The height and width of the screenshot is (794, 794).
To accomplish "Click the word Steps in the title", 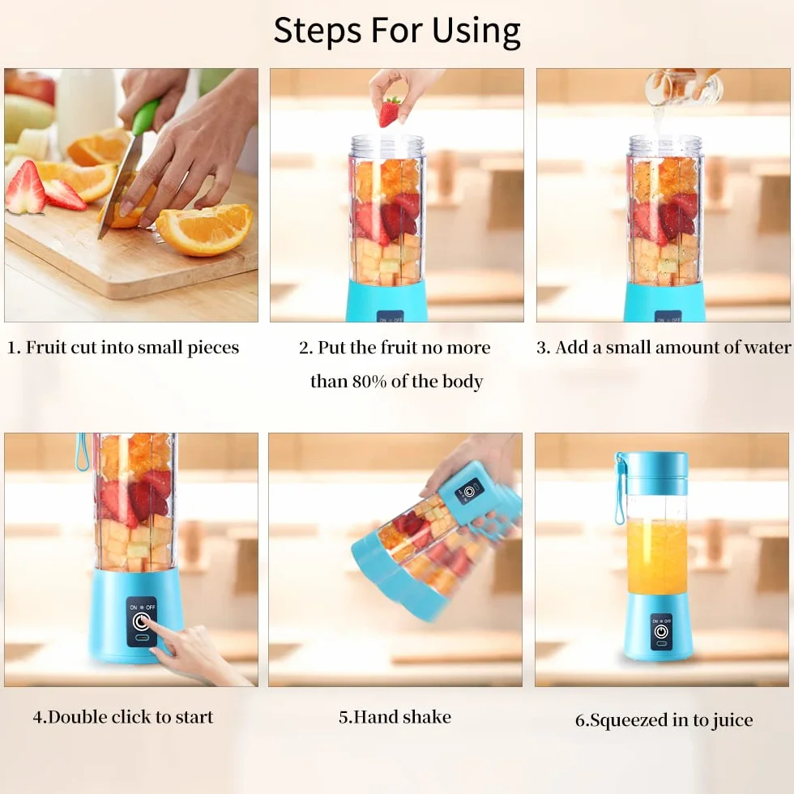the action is (318, 32).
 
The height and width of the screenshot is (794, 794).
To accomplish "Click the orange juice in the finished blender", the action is (657, 556).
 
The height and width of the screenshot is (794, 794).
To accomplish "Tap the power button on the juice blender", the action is (661, 631).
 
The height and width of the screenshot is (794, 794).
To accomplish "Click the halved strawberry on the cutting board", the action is (25, 187).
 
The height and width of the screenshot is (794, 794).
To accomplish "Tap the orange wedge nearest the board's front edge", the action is (204, 229).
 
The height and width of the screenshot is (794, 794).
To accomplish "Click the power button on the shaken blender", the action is (469, 492).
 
